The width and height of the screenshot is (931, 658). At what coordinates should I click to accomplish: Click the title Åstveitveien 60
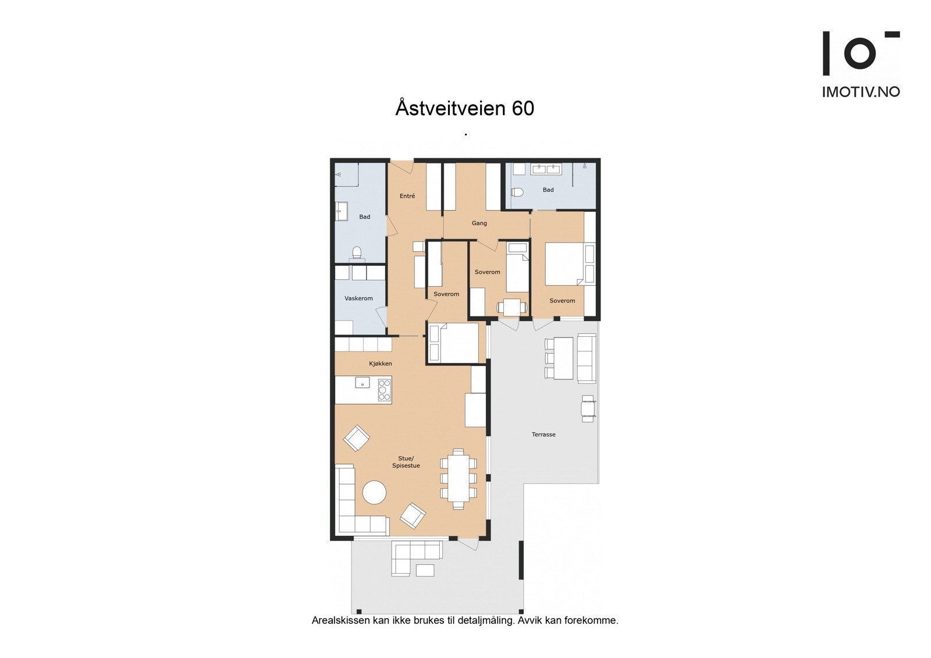coord(464,108)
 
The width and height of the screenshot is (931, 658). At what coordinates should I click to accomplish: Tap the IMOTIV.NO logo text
coord(861,92)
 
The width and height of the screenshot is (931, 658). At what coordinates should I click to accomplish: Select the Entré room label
coord(407,196)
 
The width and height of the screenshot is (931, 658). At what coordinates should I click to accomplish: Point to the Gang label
coord(479,223)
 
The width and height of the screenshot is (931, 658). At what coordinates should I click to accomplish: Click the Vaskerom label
coord(358,298)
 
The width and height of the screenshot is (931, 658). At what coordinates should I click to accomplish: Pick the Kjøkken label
coord(381,364)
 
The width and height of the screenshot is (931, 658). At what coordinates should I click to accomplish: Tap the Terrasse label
coord(543,435)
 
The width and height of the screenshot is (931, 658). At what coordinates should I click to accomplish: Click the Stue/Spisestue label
coord(406,462)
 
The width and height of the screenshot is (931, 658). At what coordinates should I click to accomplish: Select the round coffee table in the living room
coord(374,493)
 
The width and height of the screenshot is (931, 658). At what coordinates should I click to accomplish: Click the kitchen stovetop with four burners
coord(385,390)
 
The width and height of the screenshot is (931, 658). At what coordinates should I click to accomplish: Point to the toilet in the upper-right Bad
coord(517,192)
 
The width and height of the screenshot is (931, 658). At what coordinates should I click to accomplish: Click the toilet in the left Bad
coord(357,252)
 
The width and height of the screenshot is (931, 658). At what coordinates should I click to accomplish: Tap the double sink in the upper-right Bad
coord(546,169)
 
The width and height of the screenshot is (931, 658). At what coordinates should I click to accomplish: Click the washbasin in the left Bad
coord(341,212)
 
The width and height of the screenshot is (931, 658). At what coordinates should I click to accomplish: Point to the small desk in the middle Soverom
coord(512,307)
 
